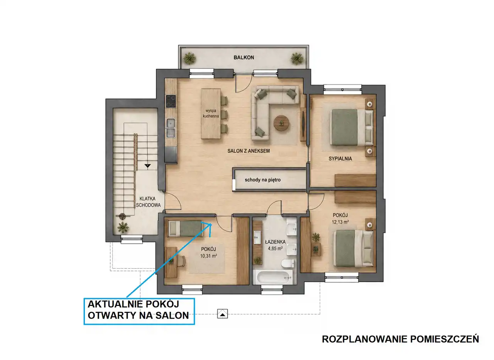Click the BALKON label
click(244, 58)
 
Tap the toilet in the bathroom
click(288, 263)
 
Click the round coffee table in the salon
click(281, 123)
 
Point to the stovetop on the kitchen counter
click(171, 101)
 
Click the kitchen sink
click(171, 128)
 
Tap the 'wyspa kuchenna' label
click(211, 113)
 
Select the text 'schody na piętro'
click(262, 180)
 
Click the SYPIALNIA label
click(340, 158)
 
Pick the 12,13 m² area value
click(340, 222)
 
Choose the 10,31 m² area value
click(208, 256)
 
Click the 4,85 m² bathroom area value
click(275, 248)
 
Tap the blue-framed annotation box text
click(138, 310)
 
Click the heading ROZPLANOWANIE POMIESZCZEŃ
click(401, 339)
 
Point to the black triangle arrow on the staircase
click(147, 166)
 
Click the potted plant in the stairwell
click(123, 228)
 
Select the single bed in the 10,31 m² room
click(186, 229)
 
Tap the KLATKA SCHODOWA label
click(148, 202)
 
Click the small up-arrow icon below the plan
click(222, 314)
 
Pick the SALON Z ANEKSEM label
click(249, 151)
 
